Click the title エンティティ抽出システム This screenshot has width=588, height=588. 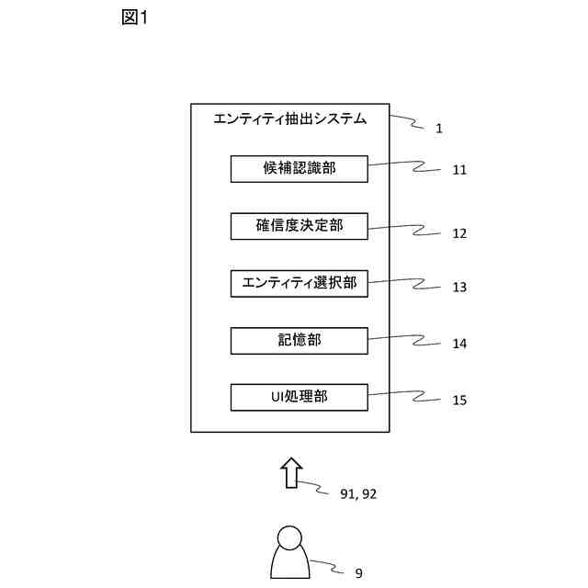[289, 119]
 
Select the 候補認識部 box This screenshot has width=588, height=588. [299, 169]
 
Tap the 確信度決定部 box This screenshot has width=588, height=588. [299, 226]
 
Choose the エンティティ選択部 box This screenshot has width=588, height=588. [299, 283]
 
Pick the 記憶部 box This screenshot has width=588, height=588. [299, 340]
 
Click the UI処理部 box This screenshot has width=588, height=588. [299, 397]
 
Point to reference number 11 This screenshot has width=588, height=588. [459, 170]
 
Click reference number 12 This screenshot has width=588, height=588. [459, 233]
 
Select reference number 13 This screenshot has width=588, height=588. [459, 287]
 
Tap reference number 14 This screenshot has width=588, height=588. [459, 344]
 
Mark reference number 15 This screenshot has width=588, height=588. [459, 401]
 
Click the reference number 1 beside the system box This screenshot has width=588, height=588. [439, 129]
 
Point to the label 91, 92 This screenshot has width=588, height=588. [358, 494]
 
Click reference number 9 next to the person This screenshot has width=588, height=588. [358, 573]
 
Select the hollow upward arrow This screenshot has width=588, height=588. [290, 472]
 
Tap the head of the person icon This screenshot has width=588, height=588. [289, 537]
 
